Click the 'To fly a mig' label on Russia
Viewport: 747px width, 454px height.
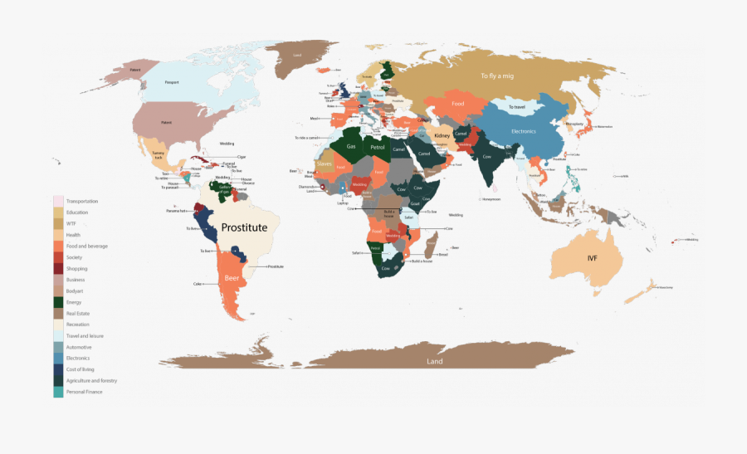497,76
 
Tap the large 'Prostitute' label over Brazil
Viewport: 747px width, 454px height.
244,227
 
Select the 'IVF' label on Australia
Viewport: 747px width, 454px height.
592,258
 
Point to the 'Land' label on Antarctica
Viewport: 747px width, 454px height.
434,361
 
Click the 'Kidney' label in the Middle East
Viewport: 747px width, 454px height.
441,135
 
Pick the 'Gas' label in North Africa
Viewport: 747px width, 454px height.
351,145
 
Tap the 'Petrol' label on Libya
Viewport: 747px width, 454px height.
379,146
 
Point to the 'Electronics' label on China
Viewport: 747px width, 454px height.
524,131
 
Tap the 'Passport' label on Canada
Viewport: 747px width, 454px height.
172,82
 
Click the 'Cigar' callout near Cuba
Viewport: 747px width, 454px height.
242,156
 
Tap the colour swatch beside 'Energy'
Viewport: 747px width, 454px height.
58,302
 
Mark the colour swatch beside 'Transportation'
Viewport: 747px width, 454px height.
58,202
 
